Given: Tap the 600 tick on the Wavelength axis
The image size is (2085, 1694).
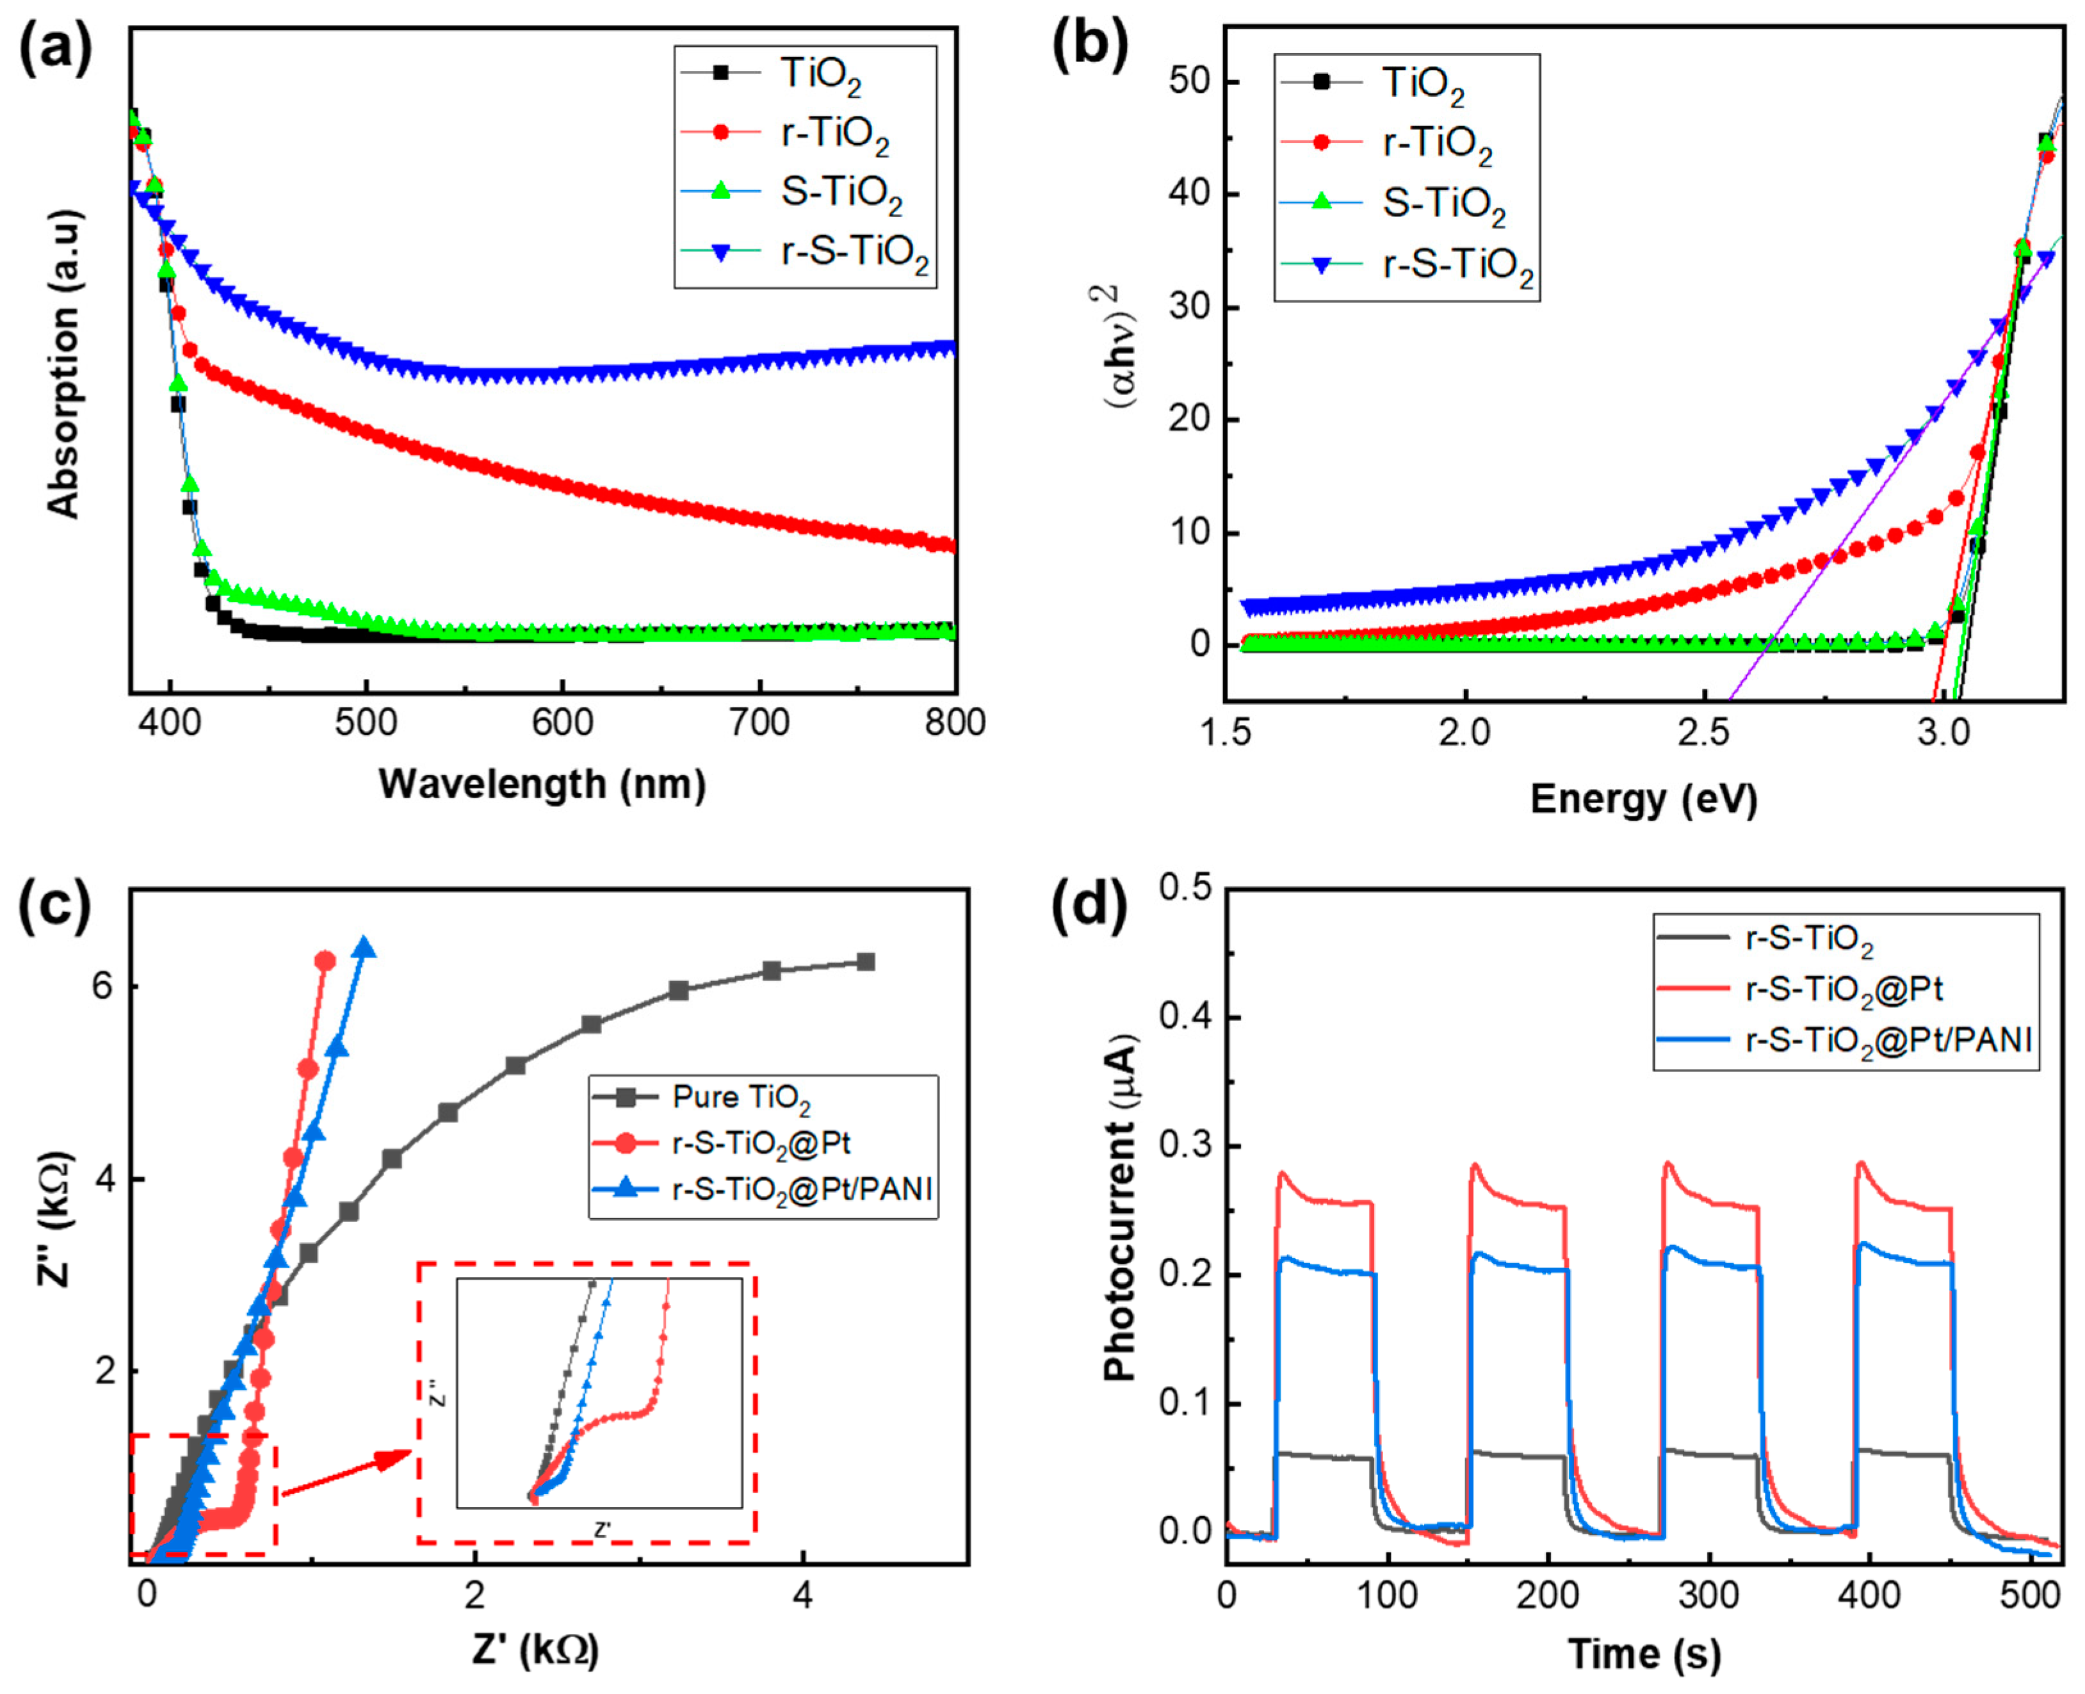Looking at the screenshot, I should pos(563,723).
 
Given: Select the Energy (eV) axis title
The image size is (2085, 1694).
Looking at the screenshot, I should pos(1644,799).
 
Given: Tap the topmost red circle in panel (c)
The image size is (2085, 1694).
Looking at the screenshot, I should pos(325,961).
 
